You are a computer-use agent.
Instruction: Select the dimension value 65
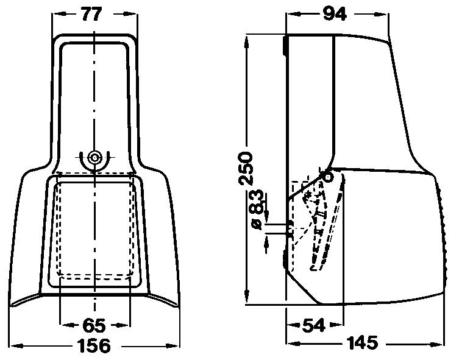pos(94,325)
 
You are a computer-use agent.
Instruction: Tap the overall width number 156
pos(95,347)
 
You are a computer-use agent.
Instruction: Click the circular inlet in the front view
pos(94,157)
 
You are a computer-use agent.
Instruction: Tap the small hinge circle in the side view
pos(328,177)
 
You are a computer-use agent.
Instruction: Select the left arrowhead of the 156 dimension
pos(15,347)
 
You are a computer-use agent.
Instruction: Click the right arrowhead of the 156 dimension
pos(176,347)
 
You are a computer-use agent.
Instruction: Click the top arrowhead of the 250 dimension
pos(247,40)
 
